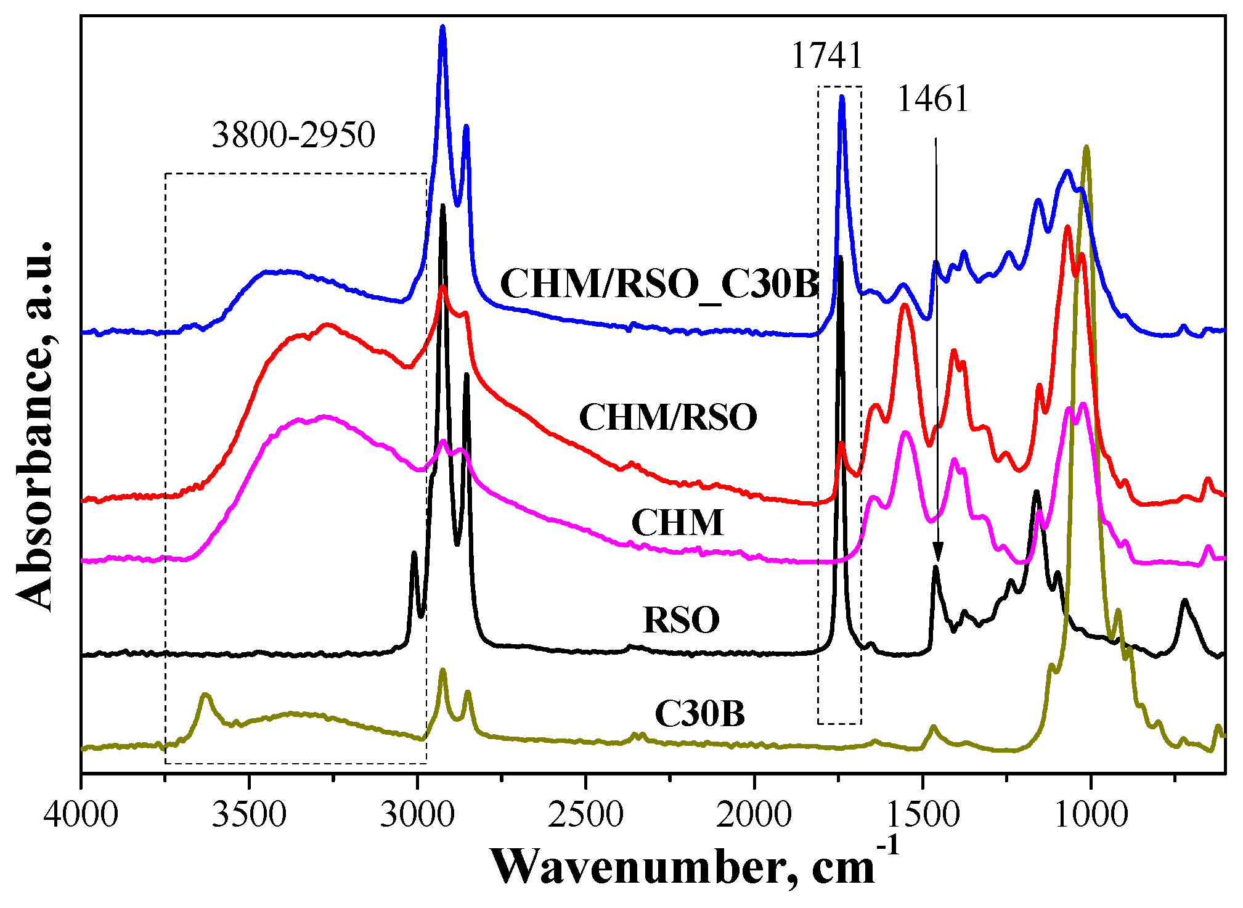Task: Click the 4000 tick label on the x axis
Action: (x=81, y=815)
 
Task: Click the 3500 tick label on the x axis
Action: (x=249, y=815)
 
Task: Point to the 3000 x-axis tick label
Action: (x=417, y=815)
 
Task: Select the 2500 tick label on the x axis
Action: (x=585, y=815)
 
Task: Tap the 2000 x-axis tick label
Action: (x=754, y=815)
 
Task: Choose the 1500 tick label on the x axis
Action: (x=923, y=815)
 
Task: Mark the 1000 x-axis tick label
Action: (x=1091, y=815)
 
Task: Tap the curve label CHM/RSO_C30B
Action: (x=659, y=284)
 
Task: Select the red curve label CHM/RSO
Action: (x=668, y=417)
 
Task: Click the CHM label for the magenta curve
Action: (x=677, y=523)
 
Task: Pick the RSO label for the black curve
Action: (x=681, y=620)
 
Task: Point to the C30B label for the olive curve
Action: (x=699, y=714)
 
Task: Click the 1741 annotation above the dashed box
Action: (x=826, y=56)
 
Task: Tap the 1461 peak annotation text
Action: (x=933, y=99)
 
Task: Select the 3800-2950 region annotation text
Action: (x=293, y=135)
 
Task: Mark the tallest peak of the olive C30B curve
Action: (x=1086, y=148)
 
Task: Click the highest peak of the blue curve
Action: (x=442, y=28)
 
